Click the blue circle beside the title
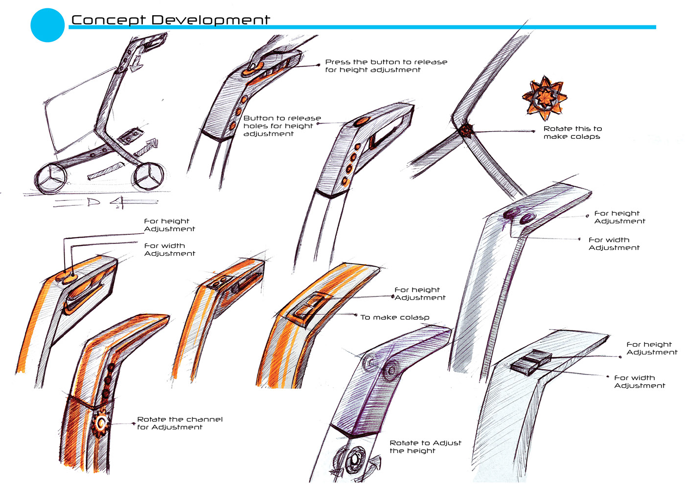tap(47, 25)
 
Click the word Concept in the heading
tap(108, 20)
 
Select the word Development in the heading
tap(210, 20)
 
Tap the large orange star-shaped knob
tap(544, 98)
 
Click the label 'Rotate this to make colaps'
tap(572, 132)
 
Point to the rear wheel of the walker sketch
tap(51, 179)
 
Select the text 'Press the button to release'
tap(386, 62)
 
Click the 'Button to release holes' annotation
tap(282, 126)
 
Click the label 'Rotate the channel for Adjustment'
tap(180, 423)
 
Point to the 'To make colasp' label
tap(394, 317)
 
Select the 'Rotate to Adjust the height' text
tap(425, 446)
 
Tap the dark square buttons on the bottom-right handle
tap(531, 362)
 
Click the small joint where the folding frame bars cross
tap(465, 130)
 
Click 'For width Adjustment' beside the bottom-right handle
tap(639, 381)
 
